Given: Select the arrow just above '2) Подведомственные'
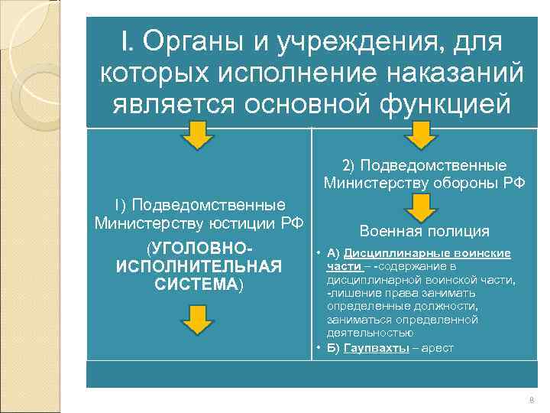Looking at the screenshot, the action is (419, 138).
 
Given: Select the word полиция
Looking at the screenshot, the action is (458, 232).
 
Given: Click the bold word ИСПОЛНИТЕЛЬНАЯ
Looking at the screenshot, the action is (199, 267).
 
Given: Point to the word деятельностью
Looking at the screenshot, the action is (370, 333).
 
